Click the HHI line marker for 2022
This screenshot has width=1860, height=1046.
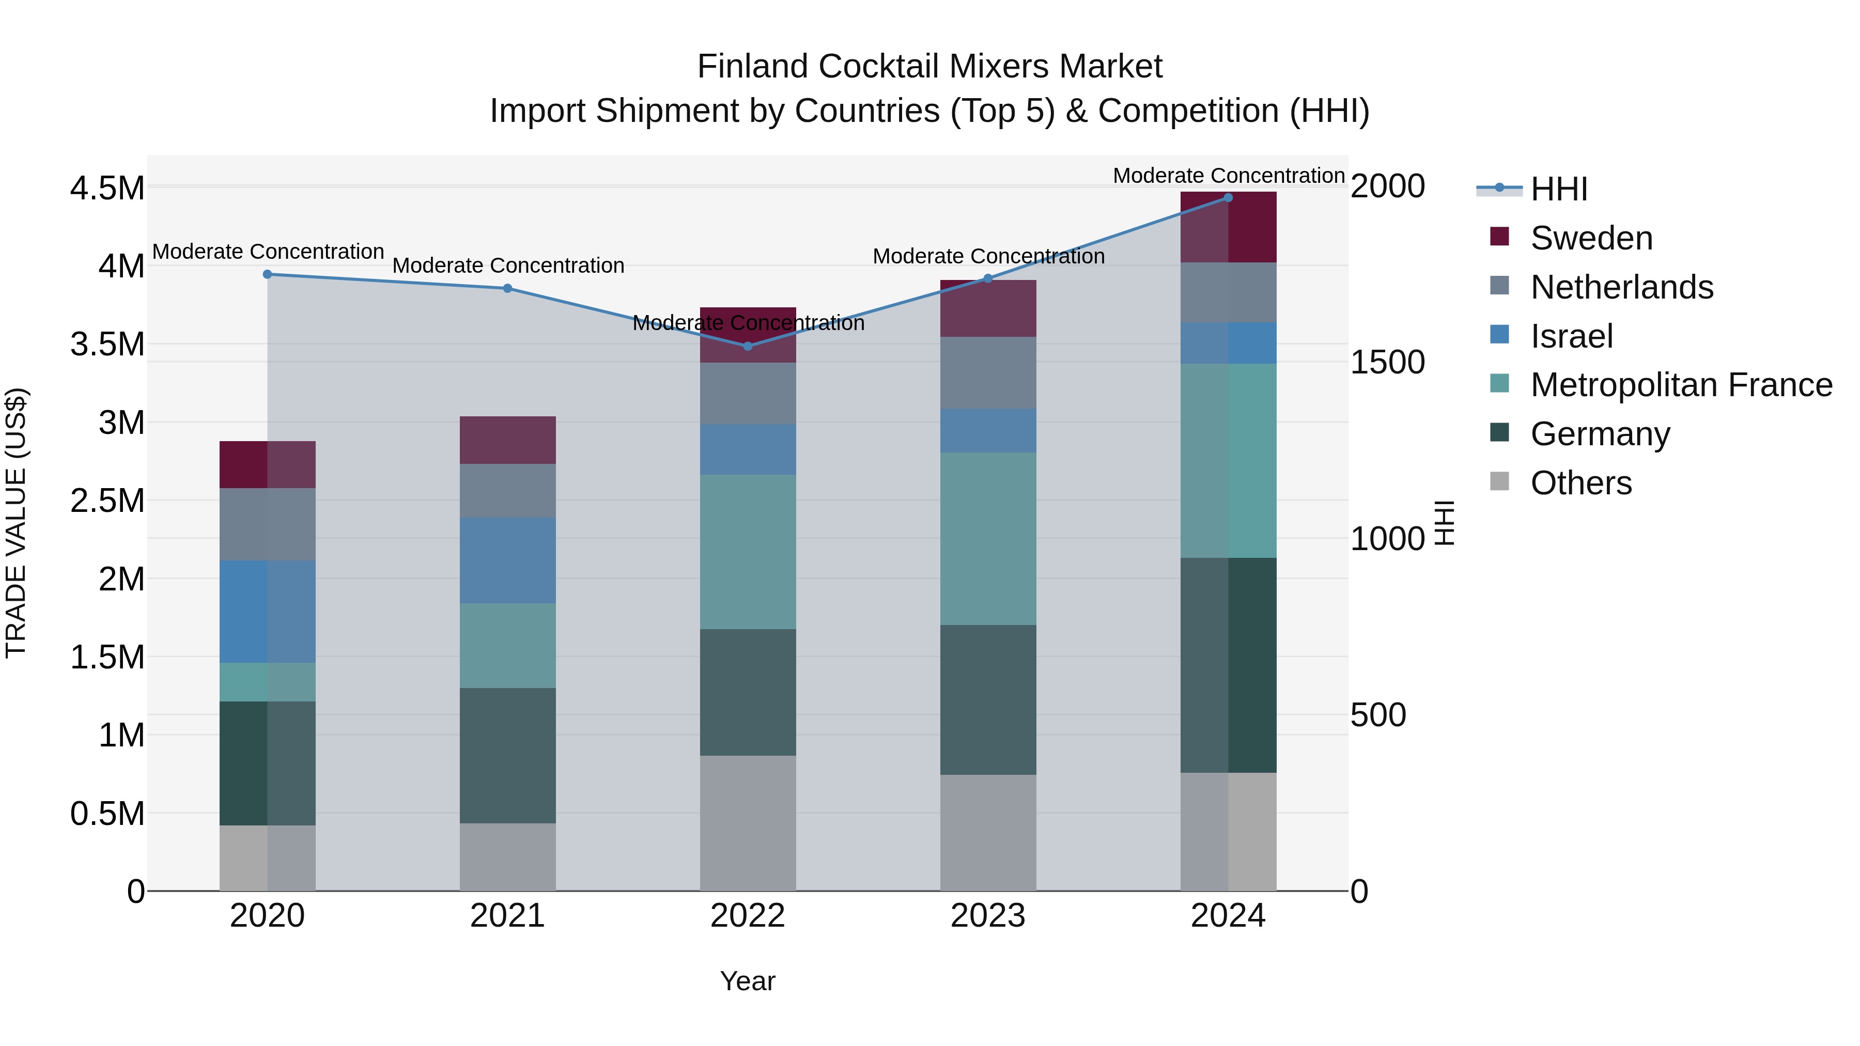coord(748,347)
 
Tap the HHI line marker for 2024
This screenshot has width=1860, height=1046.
coord(1228,198)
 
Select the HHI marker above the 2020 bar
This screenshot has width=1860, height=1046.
coord(267,274)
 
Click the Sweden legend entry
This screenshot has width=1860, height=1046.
coord(1591,238)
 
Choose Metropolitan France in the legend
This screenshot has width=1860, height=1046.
coord(1681,385)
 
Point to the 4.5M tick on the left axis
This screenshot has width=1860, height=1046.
coord(107,189)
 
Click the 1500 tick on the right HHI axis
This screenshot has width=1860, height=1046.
coord(1387,363)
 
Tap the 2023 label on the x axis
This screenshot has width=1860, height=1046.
coord(988,916)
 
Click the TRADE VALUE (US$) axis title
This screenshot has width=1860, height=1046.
coord(16,523)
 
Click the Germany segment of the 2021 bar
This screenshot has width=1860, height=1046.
coord(507,755)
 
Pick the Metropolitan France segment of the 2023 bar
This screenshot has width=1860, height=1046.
coord(988,539)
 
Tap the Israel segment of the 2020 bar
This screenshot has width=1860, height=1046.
coord(267,612)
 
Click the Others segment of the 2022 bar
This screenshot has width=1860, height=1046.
coord(748,823)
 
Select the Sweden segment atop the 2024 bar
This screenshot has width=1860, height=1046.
coord(1228,227)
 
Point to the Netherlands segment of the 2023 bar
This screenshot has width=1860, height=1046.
coord(988,372)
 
